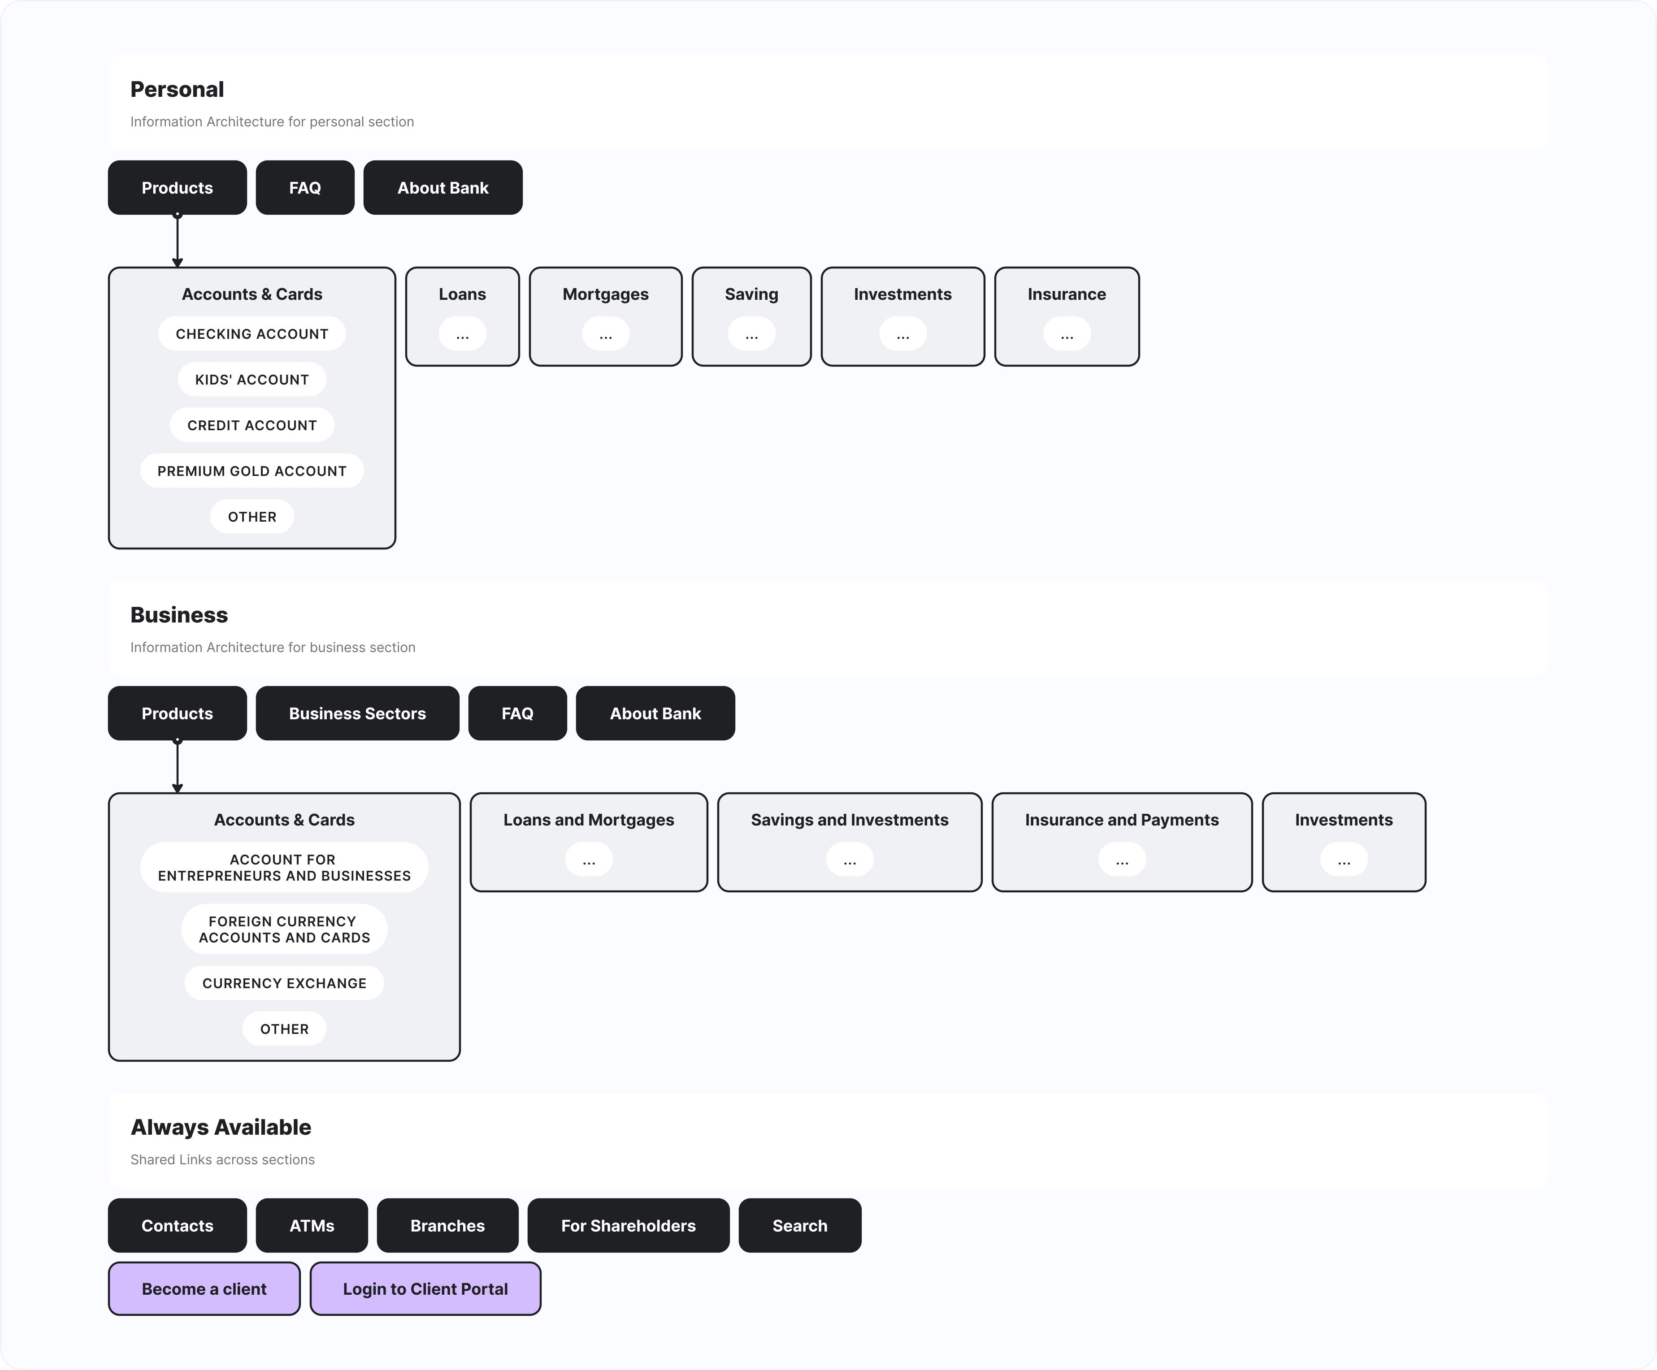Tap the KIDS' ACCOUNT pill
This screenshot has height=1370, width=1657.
(x=252, y=380)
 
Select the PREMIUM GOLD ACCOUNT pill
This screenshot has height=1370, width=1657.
(x=252, y=471)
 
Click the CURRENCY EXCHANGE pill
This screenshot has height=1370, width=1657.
(x=284, y=983)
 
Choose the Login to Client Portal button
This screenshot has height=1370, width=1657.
(x=425, y=1289)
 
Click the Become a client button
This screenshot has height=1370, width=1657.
(x=204, y=1289)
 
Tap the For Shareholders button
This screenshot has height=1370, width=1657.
(x=628, y=1226)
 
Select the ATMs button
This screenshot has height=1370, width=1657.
(x=312, y=1226)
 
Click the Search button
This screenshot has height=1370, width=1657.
(x=799, y=1226)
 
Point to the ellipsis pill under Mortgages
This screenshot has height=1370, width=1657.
(x=605, y=334)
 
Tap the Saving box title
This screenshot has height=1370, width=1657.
(x=751, y=294)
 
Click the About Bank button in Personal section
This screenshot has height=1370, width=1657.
(x=442, y=188)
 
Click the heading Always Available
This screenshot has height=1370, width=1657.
(x=221, y=1127)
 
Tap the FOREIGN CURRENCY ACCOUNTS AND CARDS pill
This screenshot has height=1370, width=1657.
(x=284, y=929)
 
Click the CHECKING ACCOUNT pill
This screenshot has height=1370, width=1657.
(x=252, y=333)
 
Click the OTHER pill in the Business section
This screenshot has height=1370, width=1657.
(x=284, y=1029)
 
